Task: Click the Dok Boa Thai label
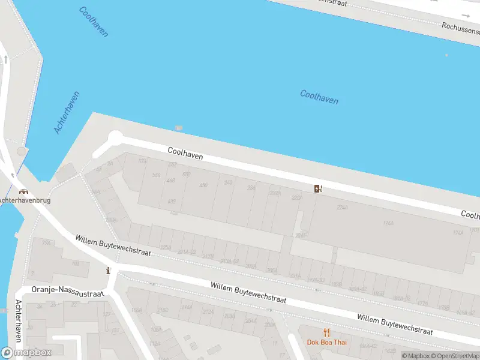[327, 343]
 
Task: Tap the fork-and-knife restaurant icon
[327, 332]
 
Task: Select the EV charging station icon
[318, 189]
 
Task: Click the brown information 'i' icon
[108, 270]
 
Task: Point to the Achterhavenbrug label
[25, 200]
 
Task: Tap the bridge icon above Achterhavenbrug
[25, 192]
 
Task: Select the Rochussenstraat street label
[460, 27]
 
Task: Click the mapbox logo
[26, 352]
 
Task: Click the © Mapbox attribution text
[416, 356]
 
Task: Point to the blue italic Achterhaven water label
[67, 112]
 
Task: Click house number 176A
[388, 223]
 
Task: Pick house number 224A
[342, 208]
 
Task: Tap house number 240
[228, 182]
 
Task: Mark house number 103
[76, 263]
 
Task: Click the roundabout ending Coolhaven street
[115, 138]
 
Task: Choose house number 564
[157, 175]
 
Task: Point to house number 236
[251, 188]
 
